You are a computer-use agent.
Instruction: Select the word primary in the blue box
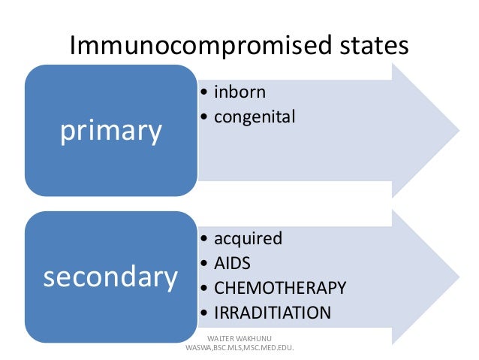tap(111, 131)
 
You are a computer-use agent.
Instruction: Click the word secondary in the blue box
tap(110, 277)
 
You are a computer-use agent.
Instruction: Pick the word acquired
tap(249, 239)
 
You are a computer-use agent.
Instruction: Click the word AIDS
tap(233, 263)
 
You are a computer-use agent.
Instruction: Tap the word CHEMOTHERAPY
tap(280, 288)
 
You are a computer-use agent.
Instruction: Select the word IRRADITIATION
tap(273, 313)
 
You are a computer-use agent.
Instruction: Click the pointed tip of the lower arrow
tap(458, 277)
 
